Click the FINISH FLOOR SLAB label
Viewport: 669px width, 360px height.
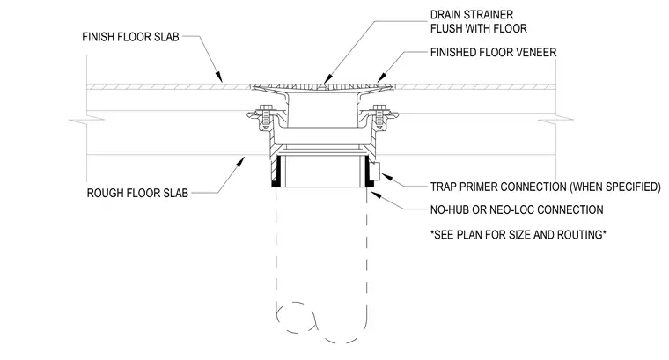point(130,37)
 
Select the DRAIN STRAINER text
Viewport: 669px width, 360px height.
point(472,15)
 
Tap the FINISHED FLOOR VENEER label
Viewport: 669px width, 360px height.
point(493,53)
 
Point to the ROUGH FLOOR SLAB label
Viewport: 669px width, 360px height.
point(137,194)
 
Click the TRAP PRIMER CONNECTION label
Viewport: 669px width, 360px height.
point(545,187)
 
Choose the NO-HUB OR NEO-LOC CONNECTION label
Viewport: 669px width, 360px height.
point(517,209)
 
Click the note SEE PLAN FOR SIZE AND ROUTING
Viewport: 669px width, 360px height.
point(518,235)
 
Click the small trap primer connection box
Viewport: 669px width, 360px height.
point(377,171)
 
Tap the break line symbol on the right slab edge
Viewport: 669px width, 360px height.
point(556,121)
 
